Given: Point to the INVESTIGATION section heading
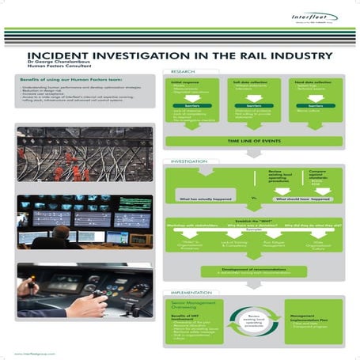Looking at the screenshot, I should pyautogui.click(x=181, y=161).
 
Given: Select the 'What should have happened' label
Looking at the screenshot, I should pyautogui.click(x=303, y=199).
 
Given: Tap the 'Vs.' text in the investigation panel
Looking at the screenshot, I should pyautogui.click(x=254, y=195).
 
